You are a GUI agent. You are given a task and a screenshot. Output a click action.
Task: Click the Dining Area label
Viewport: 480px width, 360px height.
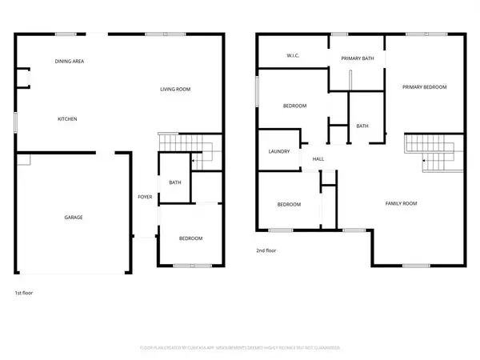click(70, 62)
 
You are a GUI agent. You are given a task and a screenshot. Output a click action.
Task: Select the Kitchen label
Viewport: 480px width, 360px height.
click(67, 119)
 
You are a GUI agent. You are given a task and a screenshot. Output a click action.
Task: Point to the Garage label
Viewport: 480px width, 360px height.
click(74, 217)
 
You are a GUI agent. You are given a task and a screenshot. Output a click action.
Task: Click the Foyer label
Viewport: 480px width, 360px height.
click(145, 197)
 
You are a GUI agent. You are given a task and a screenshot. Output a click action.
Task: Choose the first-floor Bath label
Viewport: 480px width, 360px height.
click(174, 183)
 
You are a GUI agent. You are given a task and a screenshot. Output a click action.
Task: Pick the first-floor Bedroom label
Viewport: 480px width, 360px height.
click(190, 238)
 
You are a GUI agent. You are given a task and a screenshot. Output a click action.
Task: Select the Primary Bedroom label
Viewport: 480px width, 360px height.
click(424, 87)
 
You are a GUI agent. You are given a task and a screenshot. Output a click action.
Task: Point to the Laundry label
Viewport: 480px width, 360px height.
click(278, 150)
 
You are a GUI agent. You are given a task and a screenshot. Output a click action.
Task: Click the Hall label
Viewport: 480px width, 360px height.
click(318, 159)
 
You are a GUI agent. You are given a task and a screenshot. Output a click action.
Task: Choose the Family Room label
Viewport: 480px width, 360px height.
click(402, 204)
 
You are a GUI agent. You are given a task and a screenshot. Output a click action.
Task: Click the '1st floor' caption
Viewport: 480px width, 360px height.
click(25, 293)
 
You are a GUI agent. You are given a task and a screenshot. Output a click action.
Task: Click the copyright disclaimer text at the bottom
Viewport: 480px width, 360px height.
click(240, 349)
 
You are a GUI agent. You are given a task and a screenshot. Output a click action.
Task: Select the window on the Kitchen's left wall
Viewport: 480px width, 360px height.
click(16, 120)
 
